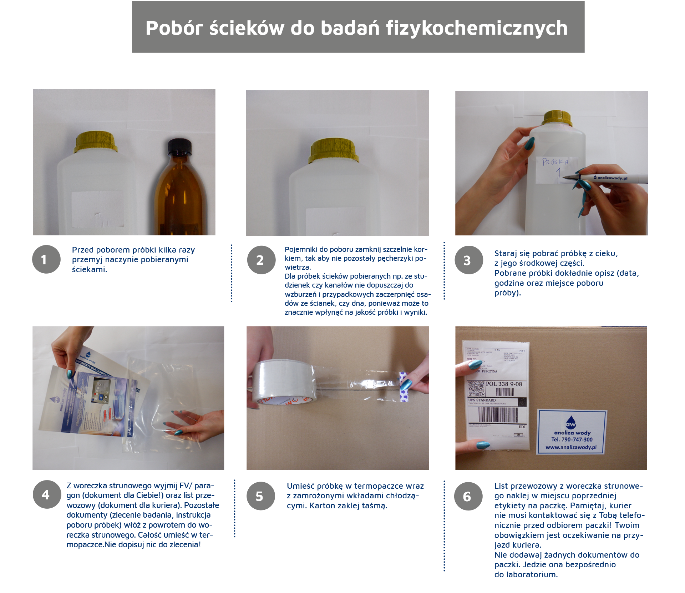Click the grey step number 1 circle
[46, 259]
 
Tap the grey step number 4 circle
[46, 494]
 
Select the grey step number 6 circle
[468, 496]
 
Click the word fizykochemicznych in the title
[477, 28]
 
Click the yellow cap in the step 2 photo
[334, 150]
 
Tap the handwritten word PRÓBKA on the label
[555, 162]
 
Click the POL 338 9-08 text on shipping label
[504, 384]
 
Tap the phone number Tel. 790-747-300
[572, 440]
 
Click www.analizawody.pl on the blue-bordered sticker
[571, 447]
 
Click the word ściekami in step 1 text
[89, 270]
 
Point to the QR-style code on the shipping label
[476, 389]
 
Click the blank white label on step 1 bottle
[97, 209]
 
